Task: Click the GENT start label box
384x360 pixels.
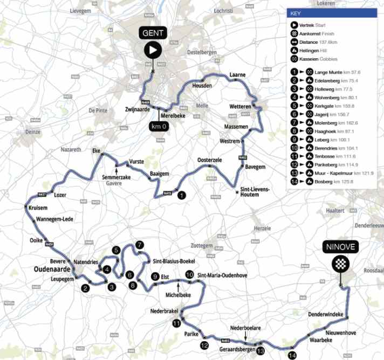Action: (153, 33)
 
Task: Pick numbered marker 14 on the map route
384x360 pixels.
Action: (292, 355)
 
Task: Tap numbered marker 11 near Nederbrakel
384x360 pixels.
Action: (177, 323)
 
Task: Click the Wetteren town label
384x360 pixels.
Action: (240, 107)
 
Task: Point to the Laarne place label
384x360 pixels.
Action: (237, 74)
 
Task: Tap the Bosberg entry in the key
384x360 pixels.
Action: (323, 183)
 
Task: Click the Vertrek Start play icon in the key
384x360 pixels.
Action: (293, 25)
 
